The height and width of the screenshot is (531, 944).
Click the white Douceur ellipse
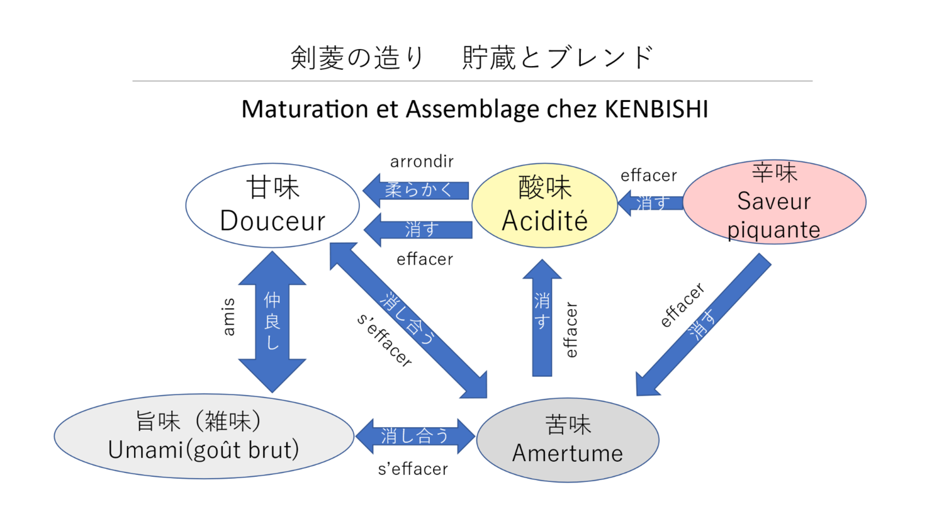pyautogui.click(x=273, y=205)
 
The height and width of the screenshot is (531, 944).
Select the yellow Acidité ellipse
pyautogui.click(x=544, y=205)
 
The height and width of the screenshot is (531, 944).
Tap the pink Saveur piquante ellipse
pyautogui.click(x=774, y=201)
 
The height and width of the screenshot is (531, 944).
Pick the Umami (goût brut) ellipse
pyautogui.click(x=203, y=436)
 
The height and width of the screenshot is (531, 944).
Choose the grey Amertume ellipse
pyautogui.click(x=567, y=440)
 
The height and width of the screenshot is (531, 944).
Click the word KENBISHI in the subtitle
pyautogui.click(x=656, y=109)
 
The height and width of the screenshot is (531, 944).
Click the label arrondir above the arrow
pyautogui.click(x=422, y=162)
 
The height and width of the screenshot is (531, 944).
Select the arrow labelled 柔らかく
pyautogui.click(x=417, y=190)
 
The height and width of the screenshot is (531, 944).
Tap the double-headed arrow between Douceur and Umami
pyautogui.click(x=273, y=321)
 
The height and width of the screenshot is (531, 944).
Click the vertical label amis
pyautogui.click(x=229, y=317)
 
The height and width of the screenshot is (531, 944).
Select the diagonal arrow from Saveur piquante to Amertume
pyautogui.click(x=702, y=325)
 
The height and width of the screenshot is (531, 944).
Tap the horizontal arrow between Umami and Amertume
pyautogui.click(x=415, y=435)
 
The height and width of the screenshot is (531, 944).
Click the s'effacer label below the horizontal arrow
pyautogui.click(x=413, y=469)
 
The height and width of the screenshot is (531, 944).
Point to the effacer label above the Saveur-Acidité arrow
pyautogui.click(x=649, y=176)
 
